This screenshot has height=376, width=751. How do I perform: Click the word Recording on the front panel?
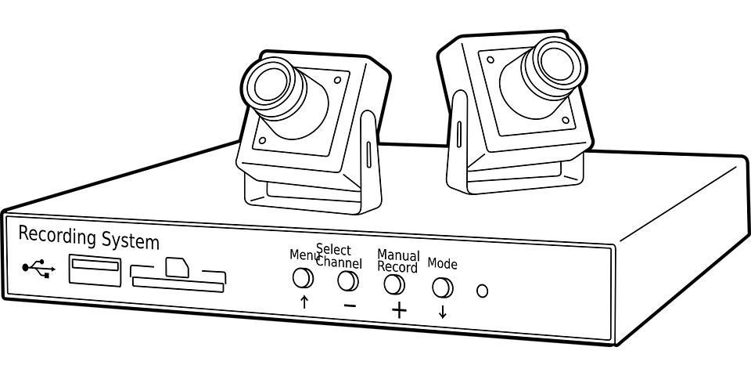[55, 236]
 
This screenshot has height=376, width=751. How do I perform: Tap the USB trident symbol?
[38, 269]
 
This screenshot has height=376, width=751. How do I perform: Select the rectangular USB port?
[95, 271]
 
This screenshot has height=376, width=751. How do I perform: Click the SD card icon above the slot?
[177, 266]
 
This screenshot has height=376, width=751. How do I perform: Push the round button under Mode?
[442, 287]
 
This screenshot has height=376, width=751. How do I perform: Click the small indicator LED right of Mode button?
[482, 291]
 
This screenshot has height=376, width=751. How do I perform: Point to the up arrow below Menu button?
[304, 302]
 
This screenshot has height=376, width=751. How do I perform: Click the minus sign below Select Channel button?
[350, 305]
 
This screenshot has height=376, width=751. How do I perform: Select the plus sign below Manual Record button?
[399, 310]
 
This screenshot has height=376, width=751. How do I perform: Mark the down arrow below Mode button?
[443, 312]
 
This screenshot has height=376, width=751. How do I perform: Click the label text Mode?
[442, 264]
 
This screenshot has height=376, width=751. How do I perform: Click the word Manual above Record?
[398, 255]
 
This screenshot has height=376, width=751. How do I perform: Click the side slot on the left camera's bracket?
[368, 153]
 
